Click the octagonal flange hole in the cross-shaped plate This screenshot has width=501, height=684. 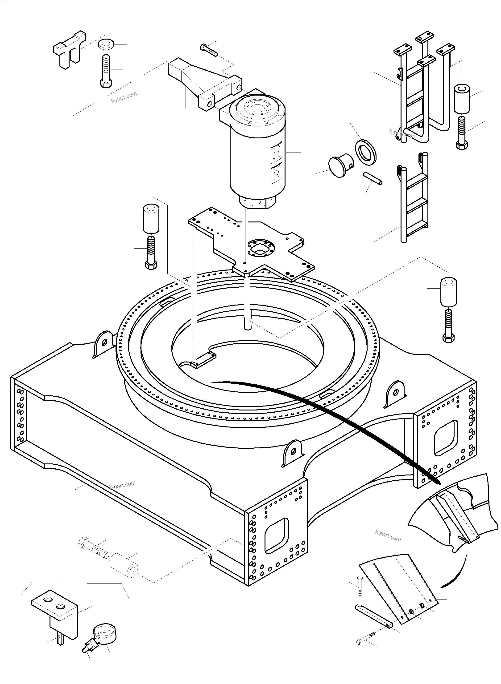pos(261,249)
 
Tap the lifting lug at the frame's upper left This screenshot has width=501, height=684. pos(103,344)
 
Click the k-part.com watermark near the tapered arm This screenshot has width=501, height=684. pos(124,97)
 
